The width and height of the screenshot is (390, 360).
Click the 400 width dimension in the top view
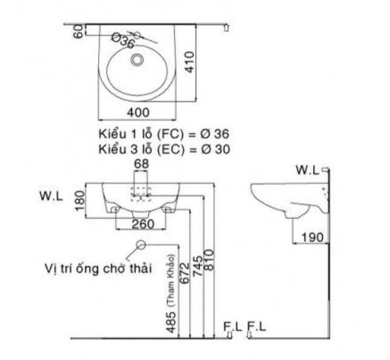pyautogui.click(x=138, y=112)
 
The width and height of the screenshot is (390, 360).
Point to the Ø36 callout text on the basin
pyautogui.click(x=122, y=42)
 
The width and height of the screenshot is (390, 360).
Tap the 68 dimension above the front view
pyautogui.click(x=140, y=164)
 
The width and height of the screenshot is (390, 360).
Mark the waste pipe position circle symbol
pyautogui.click(x=140, y=245)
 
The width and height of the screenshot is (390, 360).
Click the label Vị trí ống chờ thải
pyautogui.click(x=97, y=267)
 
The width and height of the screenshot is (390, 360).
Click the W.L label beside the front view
pyautogui.click(x=52, y=197)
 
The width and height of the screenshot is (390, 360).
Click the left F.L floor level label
pyautogui.click(x=233, y=327)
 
